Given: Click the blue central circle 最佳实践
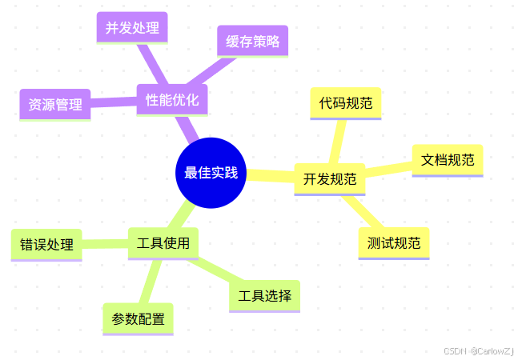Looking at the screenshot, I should click(211, 173).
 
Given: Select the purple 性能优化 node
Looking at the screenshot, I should click(172, 100).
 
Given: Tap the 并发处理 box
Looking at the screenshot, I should click(132, 29).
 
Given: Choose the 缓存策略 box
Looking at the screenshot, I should click(252, 42).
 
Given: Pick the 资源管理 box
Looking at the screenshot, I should click(54, 104).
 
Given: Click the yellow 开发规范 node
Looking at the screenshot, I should click(330, 179).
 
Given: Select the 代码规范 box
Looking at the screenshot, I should click(345, 103).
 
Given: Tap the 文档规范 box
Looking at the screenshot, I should click(448, 160).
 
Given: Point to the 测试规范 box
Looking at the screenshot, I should click(394, 243).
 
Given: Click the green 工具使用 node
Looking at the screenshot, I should click(163, 243).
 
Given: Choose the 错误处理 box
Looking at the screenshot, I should click(46, 245).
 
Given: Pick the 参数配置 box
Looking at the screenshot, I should click(138, 319).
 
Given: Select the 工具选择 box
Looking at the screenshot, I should click(264, 296).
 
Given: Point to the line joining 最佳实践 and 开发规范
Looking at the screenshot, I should click(270, 176).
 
